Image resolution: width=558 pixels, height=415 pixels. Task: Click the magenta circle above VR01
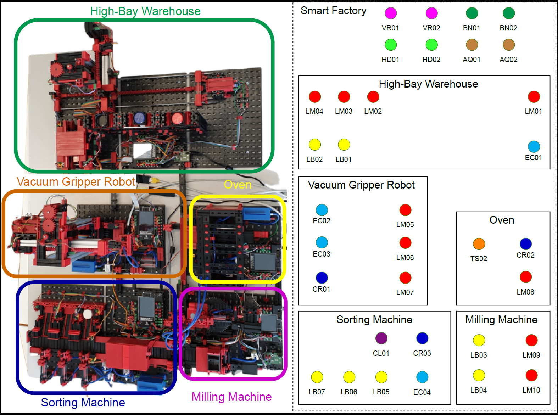390,13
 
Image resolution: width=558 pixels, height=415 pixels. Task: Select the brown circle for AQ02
508,45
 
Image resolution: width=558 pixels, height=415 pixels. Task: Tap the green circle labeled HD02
431,45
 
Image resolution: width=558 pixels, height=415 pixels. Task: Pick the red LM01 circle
534,97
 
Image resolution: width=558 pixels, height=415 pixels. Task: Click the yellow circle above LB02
315,145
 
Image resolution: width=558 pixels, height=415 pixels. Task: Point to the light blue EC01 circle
534,147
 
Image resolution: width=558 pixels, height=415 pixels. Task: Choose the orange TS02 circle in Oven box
479,244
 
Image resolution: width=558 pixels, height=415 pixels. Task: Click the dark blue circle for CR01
322,278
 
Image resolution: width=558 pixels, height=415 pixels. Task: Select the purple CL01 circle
381,338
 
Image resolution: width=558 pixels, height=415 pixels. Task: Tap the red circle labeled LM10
531,376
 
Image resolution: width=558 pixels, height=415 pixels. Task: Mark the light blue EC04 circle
422,377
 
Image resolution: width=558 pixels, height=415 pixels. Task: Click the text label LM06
405,258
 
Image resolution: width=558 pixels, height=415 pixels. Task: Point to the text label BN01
471,28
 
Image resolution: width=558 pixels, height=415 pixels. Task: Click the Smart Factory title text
333,11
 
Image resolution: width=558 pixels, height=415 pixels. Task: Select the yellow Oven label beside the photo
238,185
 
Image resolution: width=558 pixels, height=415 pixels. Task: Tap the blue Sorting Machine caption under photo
83,403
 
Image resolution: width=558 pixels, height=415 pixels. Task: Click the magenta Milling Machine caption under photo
232,397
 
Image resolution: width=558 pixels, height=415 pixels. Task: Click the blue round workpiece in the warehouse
140,118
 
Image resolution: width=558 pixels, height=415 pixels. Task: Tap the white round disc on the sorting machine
87,314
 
